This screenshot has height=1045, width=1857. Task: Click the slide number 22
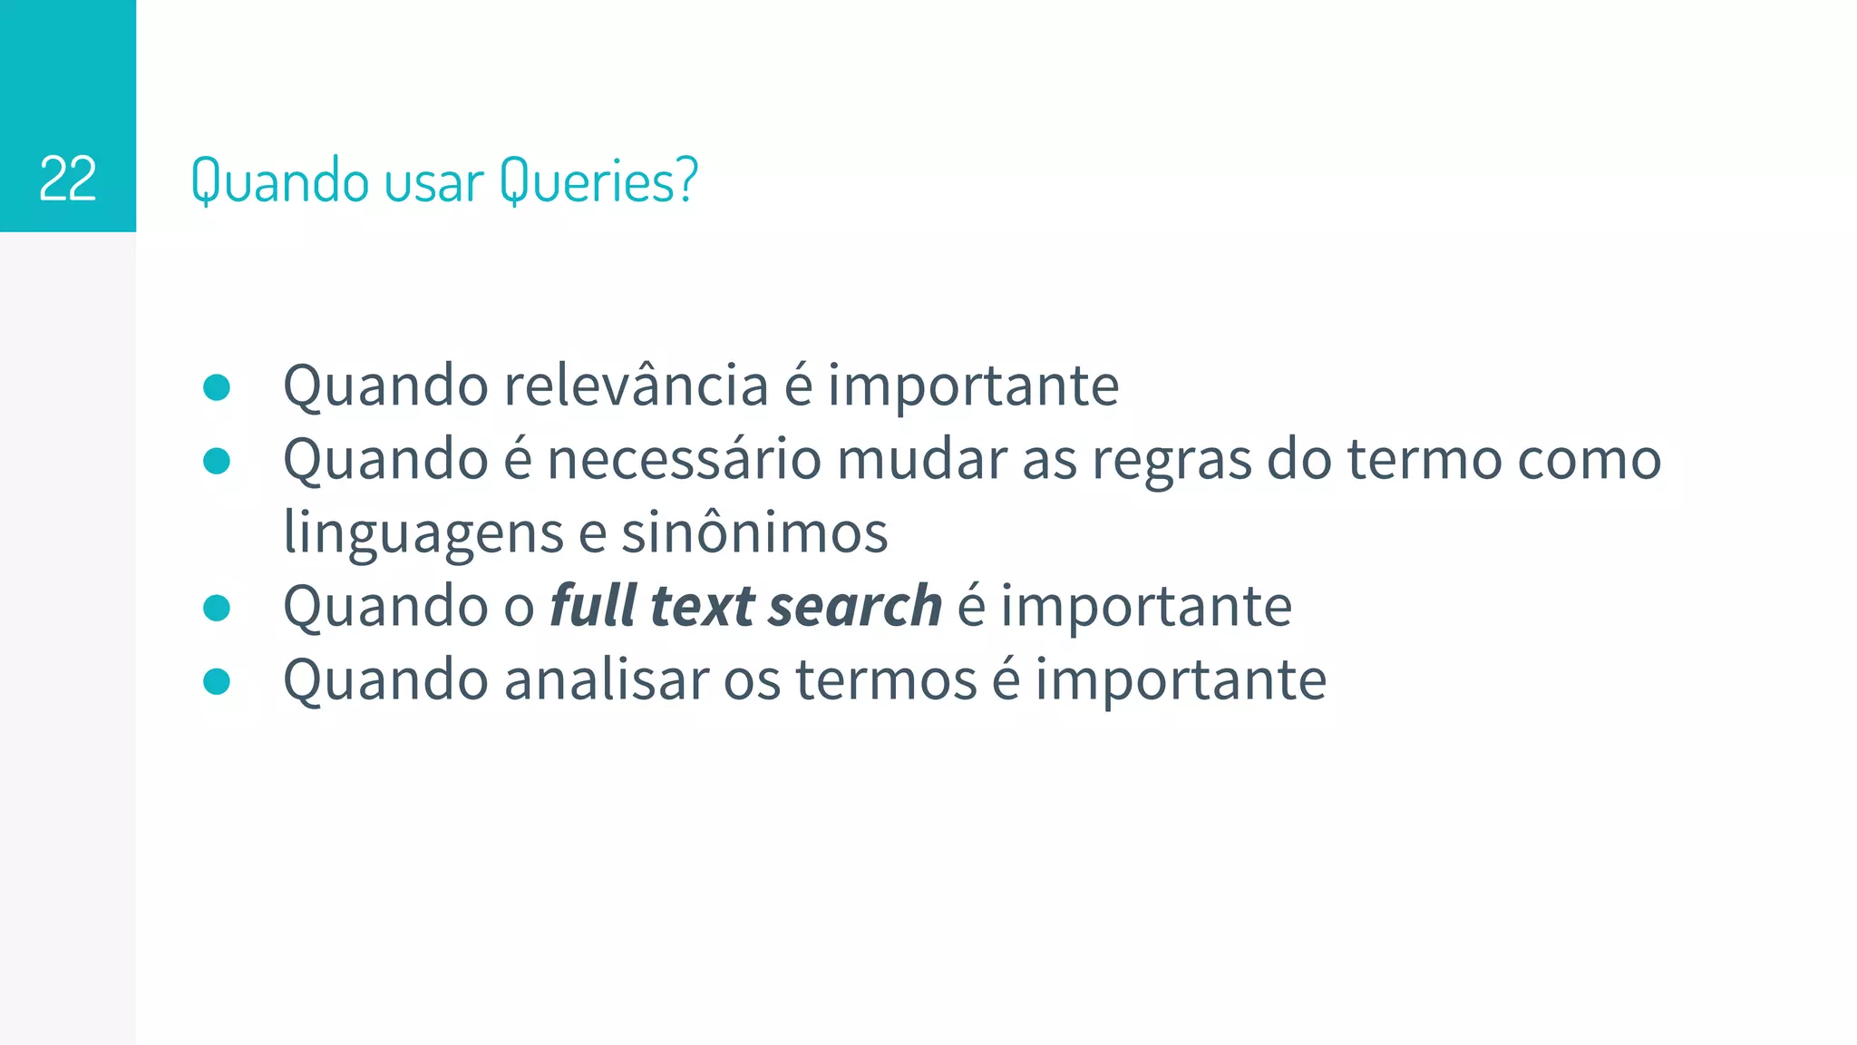[68, 179]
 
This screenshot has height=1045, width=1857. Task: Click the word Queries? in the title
[598, 181]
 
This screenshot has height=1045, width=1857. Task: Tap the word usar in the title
[433, 181]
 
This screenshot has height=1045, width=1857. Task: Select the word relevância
[636, 386]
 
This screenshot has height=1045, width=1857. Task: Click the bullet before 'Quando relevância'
[217, 387]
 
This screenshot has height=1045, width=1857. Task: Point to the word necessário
[684, 459]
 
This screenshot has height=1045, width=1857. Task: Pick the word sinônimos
[754, 532]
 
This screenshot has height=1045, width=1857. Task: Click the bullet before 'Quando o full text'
[217, 608]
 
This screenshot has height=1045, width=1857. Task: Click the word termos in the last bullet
[886, 679]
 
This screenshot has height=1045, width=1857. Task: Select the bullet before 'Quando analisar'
[217, 681]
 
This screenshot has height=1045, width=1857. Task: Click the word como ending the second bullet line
[1589, 459]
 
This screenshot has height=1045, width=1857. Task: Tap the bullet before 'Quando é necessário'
[217, 461]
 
